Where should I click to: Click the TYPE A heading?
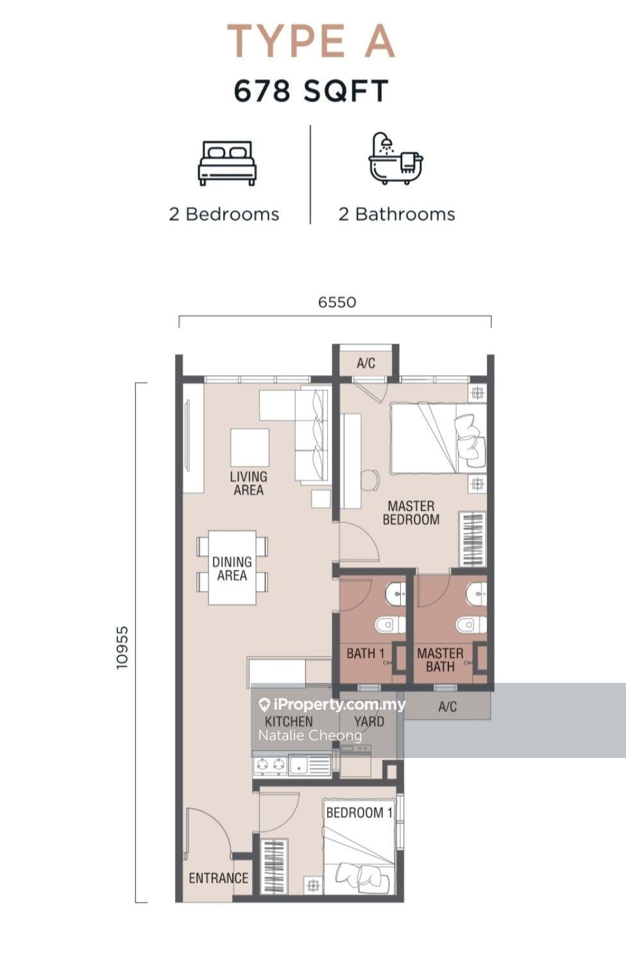pyautogui.click(x=311, y=42)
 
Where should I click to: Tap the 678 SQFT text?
pyautogui.click(x=311, y=91)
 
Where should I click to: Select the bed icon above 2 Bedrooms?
pyautogui.click(x=226, y=163)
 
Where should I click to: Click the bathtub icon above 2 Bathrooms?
pyautogui.click(x=395, y=158)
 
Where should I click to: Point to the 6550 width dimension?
pyautogui.click(x=337, y=302)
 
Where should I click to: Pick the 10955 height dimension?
pyautogui.click(x=122, y=648)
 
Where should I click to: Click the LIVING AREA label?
pyautogui.click(x=248, y=484)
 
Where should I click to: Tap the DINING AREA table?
pyautogui.click(x=232, y=568)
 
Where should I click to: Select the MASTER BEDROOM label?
pyautogui.click(x=411, y=513)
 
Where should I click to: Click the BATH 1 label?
pyautogui.click(x=366, y=653)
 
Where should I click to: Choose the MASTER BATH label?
pyautogui.click(x=440, y=660)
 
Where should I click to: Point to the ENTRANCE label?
pyautogui.click(x=219, y=878)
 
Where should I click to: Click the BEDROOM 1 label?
pyautogui.click(x=359, y=812)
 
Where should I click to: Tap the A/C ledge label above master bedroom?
pyautogui.click(x=366, y=363)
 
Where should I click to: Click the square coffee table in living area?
pyautogui.click(x=250, y=448)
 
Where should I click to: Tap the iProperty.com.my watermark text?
pyautogui.click(x=332, y=705)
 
